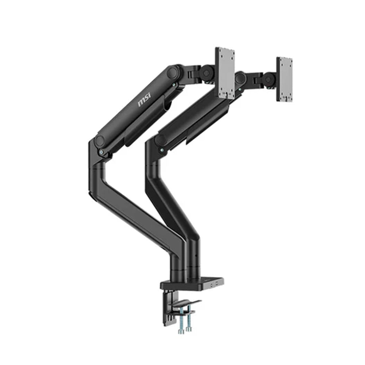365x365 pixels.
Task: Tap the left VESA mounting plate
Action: click(225, 73)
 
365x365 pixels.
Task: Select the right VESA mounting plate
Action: click(284, 79)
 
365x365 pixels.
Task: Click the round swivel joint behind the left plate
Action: click(207, 73)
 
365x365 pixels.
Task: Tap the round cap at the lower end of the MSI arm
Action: click(100, 140)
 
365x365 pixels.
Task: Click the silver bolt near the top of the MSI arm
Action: click(174, 85)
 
